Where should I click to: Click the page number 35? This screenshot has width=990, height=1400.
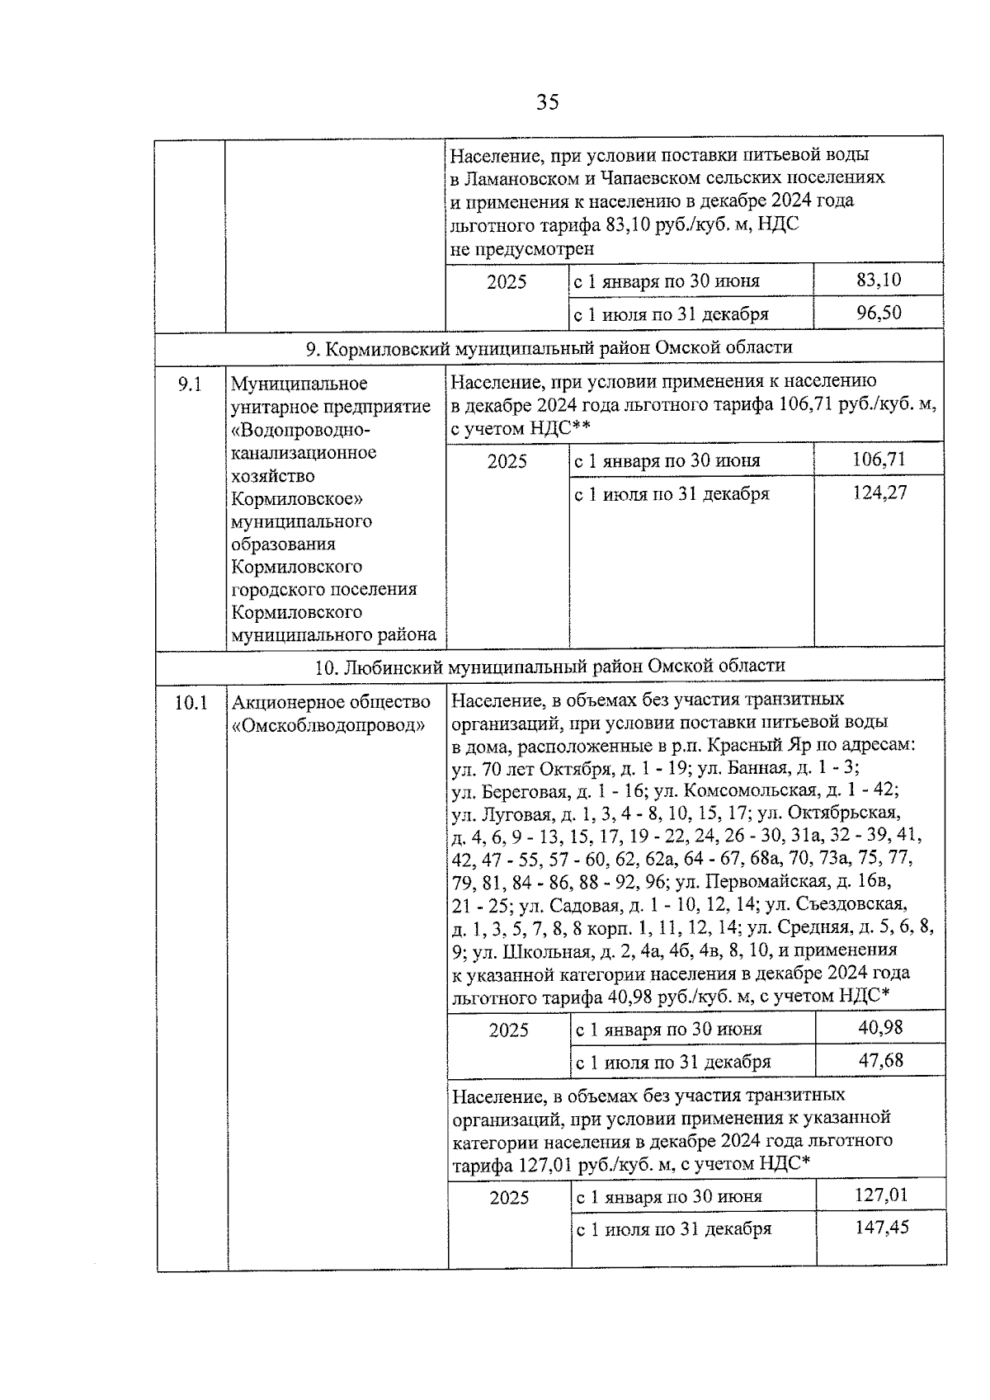pos(547,102)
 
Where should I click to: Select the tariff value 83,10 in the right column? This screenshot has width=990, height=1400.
pos(879,280)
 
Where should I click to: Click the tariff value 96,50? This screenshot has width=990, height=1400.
pos(879,313)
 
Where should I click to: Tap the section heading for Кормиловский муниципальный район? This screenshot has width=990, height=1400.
pos(549,347)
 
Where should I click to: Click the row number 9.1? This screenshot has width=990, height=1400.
pos(191,384)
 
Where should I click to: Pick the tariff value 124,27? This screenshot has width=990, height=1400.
pos(879,493)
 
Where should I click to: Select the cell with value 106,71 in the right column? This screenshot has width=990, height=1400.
pos(879,459)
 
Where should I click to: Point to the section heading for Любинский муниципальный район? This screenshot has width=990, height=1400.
pos(549,666)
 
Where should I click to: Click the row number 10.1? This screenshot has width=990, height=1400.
pos(191,703)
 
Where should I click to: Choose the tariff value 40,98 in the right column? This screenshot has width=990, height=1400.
pos(880,1027)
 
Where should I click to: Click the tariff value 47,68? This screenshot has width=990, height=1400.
pos(880,1060)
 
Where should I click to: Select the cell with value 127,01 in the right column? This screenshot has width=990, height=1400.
pos(881,1195)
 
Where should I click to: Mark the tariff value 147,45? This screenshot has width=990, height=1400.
pos(881,1228)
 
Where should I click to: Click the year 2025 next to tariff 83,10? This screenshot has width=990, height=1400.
pos(507,282)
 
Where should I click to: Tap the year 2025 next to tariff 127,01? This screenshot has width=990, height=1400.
pos(509,1198)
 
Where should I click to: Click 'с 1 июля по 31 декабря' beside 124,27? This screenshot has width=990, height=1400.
pos(672,494)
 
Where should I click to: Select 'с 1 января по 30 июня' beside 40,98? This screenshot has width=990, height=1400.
pos(668,1030)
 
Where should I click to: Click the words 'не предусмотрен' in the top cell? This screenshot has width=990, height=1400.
pos(522,248)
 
